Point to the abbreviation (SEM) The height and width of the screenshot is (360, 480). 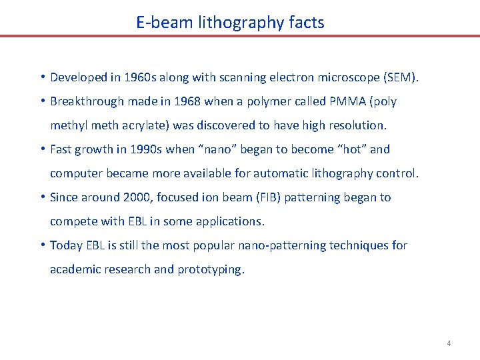401,77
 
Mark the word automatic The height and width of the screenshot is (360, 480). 263,173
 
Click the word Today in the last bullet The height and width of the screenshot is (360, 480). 66,245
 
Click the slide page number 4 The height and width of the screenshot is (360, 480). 449,343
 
